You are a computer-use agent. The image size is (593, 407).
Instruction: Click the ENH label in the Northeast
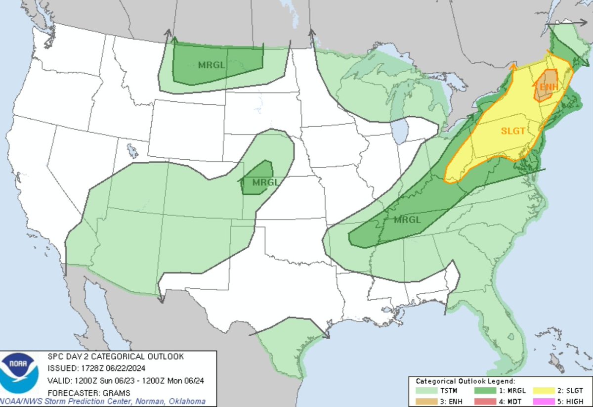pos(546,88)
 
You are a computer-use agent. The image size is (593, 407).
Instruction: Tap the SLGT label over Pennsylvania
pos(512,131)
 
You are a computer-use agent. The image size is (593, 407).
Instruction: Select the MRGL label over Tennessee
pos(408,220)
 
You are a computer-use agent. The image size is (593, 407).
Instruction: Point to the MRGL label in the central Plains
pos(265,182)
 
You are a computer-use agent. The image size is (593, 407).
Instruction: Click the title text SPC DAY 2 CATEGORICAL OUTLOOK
pos(116,357)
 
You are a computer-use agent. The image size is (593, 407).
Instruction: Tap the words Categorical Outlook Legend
pos(465,381)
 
